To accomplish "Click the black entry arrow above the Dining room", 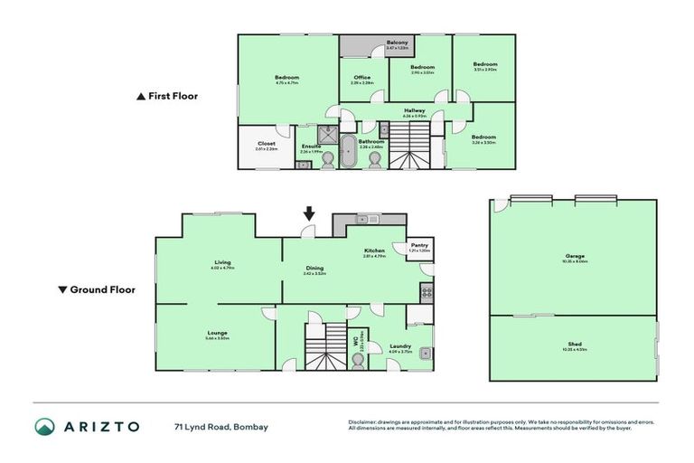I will pyautogui.click(x=309, y=213).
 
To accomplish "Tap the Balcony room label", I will pyautogui.click(x=398, y=43).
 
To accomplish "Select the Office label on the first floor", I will pyautogui.click(x=362, y=78).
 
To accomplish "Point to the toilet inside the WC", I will pyautogui.click(x=359, y=360).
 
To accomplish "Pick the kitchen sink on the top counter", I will pyautogui.click(x=369, y=219).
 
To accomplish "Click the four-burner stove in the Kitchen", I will pyautogui.click(x=426, y=292).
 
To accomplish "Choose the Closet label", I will pyautogui.click(x=267, y=144).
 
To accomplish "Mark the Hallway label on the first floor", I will pyautogui.click(x=415, y=110).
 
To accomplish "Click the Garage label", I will pyautogui.click(x=575, y=256).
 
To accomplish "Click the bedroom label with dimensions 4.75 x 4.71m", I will pyautogui.click(x=286, y=78).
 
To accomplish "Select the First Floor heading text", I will pyautogui.click(x=173, y=95).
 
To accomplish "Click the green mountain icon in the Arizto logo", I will pyautogui.click(x=45, y=426).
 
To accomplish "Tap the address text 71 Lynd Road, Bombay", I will pyautogui.click(x=221, y=427).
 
